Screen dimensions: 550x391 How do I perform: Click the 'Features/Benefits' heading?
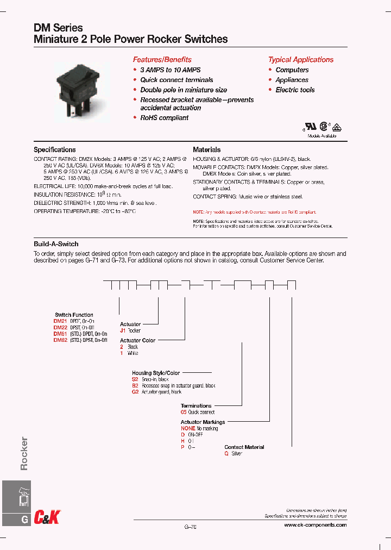click(x=162, y=60)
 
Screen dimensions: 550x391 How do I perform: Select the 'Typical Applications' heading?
click(x=300, y=60)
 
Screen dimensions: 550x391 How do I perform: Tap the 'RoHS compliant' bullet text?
click(x=165, y=118)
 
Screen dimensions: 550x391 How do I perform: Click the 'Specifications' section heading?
click(x=55, y=149)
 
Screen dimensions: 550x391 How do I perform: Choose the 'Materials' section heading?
click(x=207, y=149)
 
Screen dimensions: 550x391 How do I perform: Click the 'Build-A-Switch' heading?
click(x=56, y=244)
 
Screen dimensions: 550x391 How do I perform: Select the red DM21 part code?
click(x=60, y=321)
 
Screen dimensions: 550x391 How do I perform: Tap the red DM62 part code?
click(x=60, y=340)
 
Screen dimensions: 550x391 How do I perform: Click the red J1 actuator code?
click(x=123, y=330)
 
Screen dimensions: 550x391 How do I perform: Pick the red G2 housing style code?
click(x=135, y=392)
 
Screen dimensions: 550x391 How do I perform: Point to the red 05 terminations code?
click(x=184, y=412)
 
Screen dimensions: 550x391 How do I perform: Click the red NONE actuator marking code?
click(x=188, y=428)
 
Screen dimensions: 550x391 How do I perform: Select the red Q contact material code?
click(x=226, y=453)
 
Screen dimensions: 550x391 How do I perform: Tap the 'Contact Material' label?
click(x=244, y=447)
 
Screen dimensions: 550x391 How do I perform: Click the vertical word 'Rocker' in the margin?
click(x=23, y=453)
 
